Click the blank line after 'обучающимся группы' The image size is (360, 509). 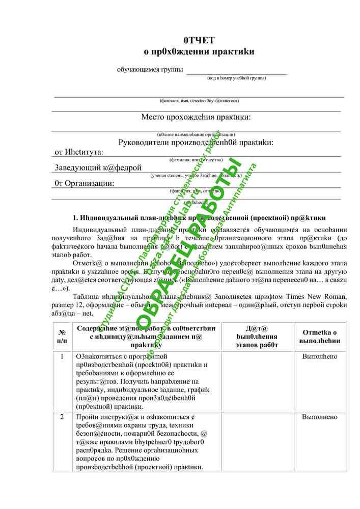(236, 72)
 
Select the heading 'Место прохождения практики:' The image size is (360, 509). (196, 118)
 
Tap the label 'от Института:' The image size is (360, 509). (79, 152)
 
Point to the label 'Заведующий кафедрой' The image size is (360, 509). (98, 167)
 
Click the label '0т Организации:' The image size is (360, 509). (85, 183)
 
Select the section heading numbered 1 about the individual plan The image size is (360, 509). (199, 218)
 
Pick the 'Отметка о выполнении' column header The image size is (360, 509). (320, 336)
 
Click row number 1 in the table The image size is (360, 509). (62, 357)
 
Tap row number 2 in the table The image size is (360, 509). (62, 417)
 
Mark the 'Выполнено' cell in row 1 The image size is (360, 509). (320, 357)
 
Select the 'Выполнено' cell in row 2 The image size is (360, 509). (320, 417)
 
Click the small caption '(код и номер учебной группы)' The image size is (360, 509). (236, 78)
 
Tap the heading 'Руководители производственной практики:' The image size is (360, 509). (196, 142)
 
